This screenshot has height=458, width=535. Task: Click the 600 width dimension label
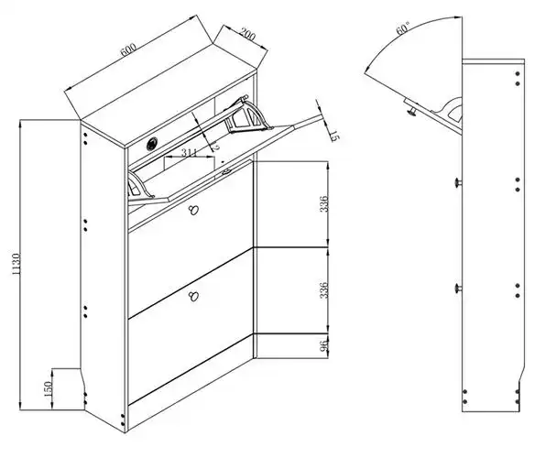(x=128, y=49)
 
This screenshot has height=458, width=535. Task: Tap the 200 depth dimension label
(x=247, y=34)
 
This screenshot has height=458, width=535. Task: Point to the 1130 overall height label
(x=16, y=264)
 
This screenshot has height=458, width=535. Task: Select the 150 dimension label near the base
(x=49, y=389)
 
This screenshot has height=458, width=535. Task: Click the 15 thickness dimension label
(x=333, y=136)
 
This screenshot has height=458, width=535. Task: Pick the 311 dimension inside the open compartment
(x=189, y=153)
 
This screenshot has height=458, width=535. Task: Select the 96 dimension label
(x=324, y=345)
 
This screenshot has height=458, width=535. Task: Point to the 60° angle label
(x=402, y=28)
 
